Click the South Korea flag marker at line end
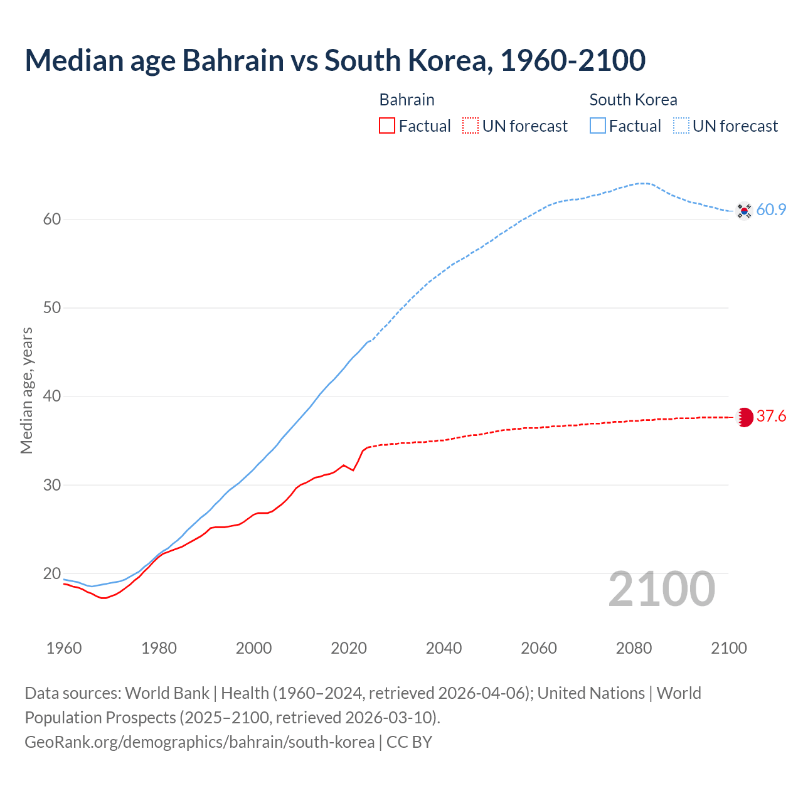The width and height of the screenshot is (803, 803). pos(744,211)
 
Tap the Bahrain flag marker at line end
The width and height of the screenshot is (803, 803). pos(745,417)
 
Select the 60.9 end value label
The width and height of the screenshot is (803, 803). pos(771,210)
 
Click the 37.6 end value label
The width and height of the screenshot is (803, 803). pos(771,417)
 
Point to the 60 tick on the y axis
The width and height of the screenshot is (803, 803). pos(51,220)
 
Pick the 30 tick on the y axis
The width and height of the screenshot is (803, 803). pos(51,485)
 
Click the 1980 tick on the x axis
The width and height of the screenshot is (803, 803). pos(159,648)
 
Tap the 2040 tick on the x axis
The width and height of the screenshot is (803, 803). pos(444,648)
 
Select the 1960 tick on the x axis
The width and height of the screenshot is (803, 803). pos(64,648)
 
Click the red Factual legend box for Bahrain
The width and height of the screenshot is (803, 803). pos(387,125)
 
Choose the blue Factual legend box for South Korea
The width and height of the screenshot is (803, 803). pos(598,125)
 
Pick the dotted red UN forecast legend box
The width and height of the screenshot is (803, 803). pos(471,125)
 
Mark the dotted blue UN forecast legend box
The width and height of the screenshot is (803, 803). pos(681,125)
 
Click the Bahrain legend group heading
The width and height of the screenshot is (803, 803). pos(407,100)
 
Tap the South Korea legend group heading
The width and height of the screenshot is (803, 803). pos(633,100)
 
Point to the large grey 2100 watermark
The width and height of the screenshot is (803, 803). pos(661,589)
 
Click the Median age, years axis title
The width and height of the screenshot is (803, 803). pos(26,390)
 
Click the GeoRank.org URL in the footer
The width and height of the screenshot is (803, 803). pos(199,742)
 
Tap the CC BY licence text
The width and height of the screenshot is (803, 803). pos(409,742)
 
